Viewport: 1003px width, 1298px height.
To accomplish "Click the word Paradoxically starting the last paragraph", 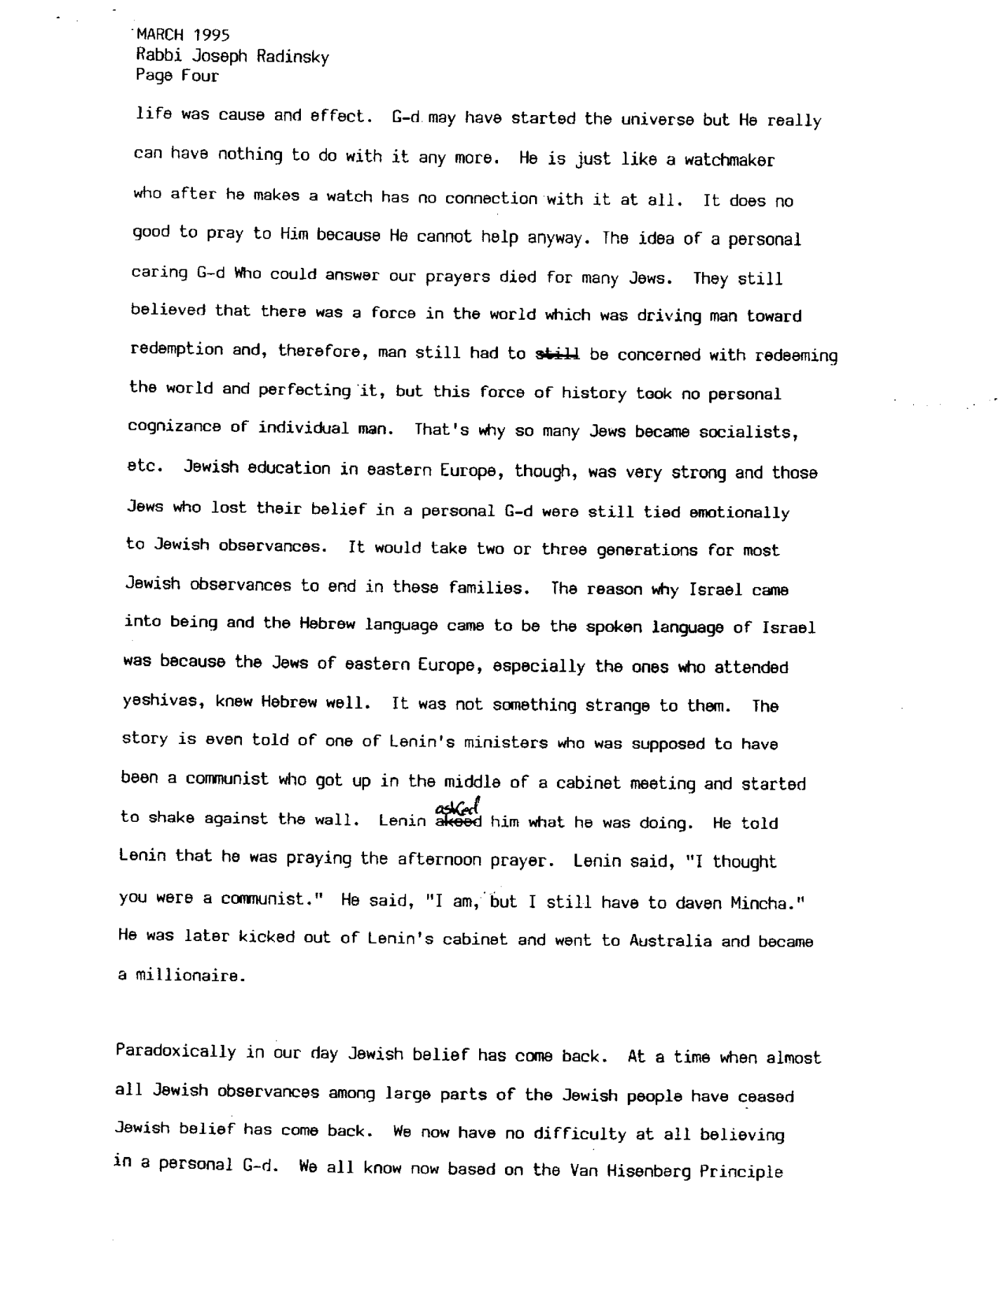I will click(175, 1052).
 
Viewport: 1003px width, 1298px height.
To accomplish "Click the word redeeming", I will click(795, 356).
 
